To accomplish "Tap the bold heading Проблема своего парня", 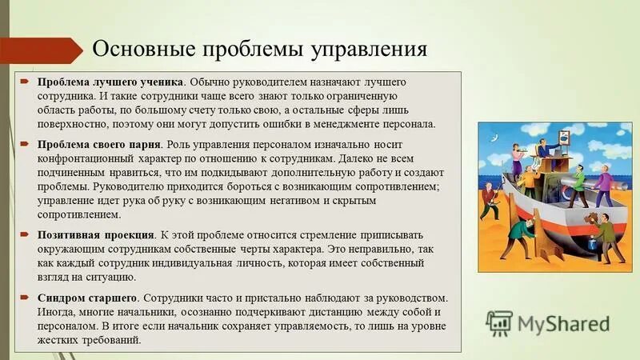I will (100, 145).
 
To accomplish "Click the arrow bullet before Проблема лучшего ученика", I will (25, 82).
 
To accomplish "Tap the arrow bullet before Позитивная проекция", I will (25, 235).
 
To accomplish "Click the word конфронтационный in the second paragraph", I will (89, 158).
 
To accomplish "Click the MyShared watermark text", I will (563, 323).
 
